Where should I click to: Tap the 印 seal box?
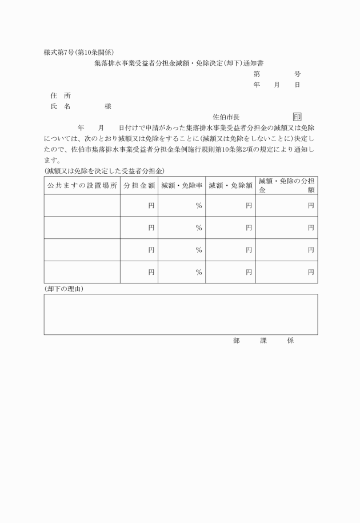(297, 117)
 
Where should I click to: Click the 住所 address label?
(60, 95)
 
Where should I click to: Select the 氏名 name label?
(60, 106)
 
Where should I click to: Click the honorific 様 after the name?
(108, 106)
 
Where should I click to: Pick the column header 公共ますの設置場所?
(82, 185)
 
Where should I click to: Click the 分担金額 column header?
(139, 185)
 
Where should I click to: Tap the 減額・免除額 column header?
(230, 185)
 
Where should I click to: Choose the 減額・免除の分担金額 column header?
(286, 185)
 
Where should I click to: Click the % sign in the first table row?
(199, 205)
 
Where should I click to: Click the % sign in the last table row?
(199, 272)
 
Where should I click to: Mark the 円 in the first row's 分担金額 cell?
(151, 205)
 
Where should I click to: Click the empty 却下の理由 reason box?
(181, 314)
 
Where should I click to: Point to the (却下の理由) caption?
(64, 289)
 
